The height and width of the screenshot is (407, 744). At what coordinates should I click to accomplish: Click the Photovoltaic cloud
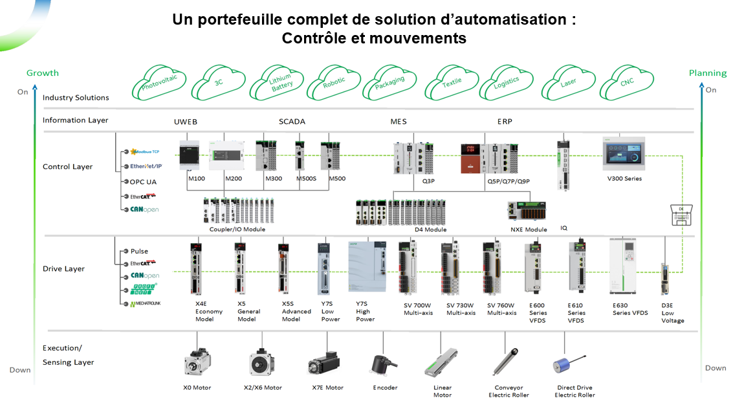coord(159,81)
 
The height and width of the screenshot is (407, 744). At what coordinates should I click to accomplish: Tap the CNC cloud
coord(627,82)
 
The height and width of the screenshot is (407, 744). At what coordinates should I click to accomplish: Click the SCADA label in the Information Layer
coord(292,121)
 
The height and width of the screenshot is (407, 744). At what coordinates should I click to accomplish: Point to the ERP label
coord(505,121)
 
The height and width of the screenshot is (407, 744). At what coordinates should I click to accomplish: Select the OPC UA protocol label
coord(143,181)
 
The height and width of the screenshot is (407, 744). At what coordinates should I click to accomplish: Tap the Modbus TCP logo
coord(146,152)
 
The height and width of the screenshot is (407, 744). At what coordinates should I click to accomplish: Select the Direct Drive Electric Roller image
coord(567,362)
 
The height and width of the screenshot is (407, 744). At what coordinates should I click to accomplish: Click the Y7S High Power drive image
coord(367,269)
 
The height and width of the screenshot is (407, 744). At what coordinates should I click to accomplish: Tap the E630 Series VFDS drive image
coord(626,268)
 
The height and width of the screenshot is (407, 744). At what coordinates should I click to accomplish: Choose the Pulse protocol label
coord(139,251)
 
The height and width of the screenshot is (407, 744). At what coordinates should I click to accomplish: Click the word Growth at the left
coord(43,73)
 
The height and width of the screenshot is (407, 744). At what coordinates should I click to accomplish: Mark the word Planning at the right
coord(708,73)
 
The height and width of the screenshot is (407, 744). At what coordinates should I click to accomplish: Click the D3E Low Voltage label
coord(672,312)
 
